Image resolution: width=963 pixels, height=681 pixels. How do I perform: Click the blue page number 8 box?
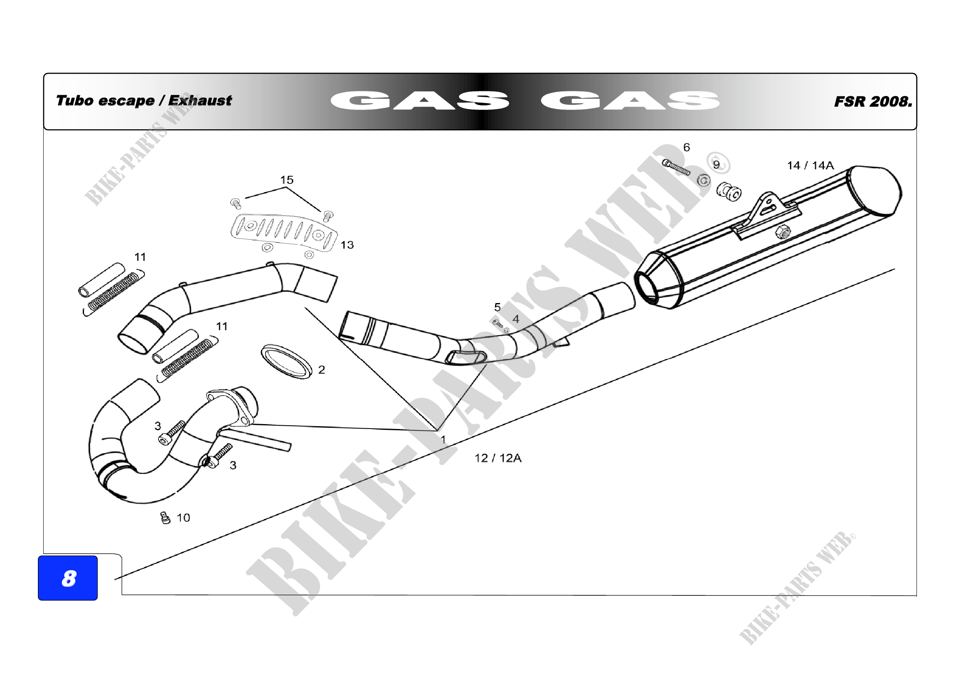[68, 578]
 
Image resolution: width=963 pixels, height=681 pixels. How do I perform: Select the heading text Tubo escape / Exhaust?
[143, 100]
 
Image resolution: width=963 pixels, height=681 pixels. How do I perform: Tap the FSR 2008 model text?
[872, 101]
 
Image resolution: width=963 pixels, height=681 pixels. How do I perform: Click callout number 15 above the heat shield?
[287, 180]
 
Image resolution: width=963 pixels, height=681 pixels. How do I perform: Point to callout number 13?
[347, 245]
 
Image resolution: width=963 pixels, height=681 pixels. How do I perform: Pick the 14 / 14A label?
[810, 166]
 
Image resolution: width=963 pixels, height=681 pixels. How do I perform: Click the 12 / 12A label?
[498, 458]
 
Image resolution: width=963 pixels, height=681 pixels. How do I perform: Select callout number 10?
[183, 518]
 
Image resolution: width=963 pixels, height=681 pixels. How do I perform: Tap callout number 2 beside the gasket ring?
[321, 370]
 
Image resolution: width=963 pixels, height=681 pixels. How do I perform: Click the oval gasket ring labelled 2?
[287, 361]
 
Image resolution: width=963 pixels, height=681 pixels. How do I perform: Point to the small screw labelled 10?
[165, 518]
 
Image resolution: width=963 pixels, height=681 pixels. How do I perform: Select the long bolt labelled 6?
[676, 167]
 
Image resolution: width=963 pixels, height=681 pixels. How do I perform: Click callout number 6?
[686, 148]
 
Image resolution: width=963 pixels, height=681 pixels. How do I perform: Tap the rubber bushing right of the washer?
[729, 191]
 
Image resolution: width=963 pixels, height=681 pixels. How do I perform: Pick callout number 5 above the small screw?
[497, 308]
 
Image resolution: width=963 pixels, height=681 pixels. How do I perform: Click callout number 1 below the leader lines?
[443, 440]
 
